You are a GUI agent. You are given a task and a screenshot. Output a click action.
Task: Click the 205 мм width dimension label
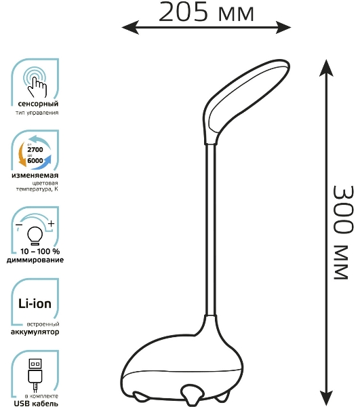[x=206, y=12]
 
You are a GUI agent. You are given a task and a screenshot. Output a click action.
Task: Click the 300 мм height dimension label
[x=343, y=233]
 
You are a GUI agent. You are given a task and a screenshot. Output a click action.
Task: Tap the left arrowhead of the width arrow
[x=130, y=27]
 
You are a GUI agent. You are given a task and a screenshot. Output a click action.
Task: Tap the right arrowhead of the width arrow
[x=283, y=27]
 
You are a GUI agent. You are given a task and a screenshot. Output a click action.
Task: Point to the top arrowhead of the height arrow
[x=326, y=67]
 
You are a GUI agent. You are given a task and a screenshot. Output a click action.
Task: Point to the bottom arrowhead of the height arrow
[x=326, y=398]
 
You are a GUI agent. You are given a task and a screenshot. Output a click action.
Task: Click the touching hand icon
[x=36, y=83]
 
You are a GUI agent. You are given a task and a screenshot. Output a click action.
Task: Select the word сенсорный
[x=38, y=104]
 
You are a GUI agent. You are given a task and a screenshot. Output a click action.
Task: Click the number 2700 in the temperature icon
[x=35, y=149]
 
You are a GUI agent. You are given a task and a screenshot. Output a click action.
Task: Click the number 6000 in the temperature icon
[x=35, y=160]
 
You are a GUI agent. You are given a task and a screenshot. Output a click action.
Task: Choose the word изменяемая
[x=35, y=176]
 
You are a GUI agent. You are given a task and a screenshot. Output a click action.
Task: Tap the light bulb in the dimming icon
[x=35, y=235]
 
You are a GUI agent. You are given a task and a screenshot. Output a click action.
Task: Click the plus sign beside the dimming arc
[x=52, y=223]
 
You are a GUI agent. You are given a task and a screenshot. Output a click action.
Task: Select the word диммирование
[x=35, y=260]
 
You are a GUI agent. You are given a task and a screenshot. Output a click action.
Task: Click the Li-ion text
[x=35, y=303]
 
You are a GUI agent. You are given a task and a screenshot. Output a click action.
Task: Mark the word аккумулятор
[x=35, y=332]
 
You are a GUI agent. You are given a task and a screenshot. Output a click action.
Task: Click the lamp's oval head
[x=245, y=101]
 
